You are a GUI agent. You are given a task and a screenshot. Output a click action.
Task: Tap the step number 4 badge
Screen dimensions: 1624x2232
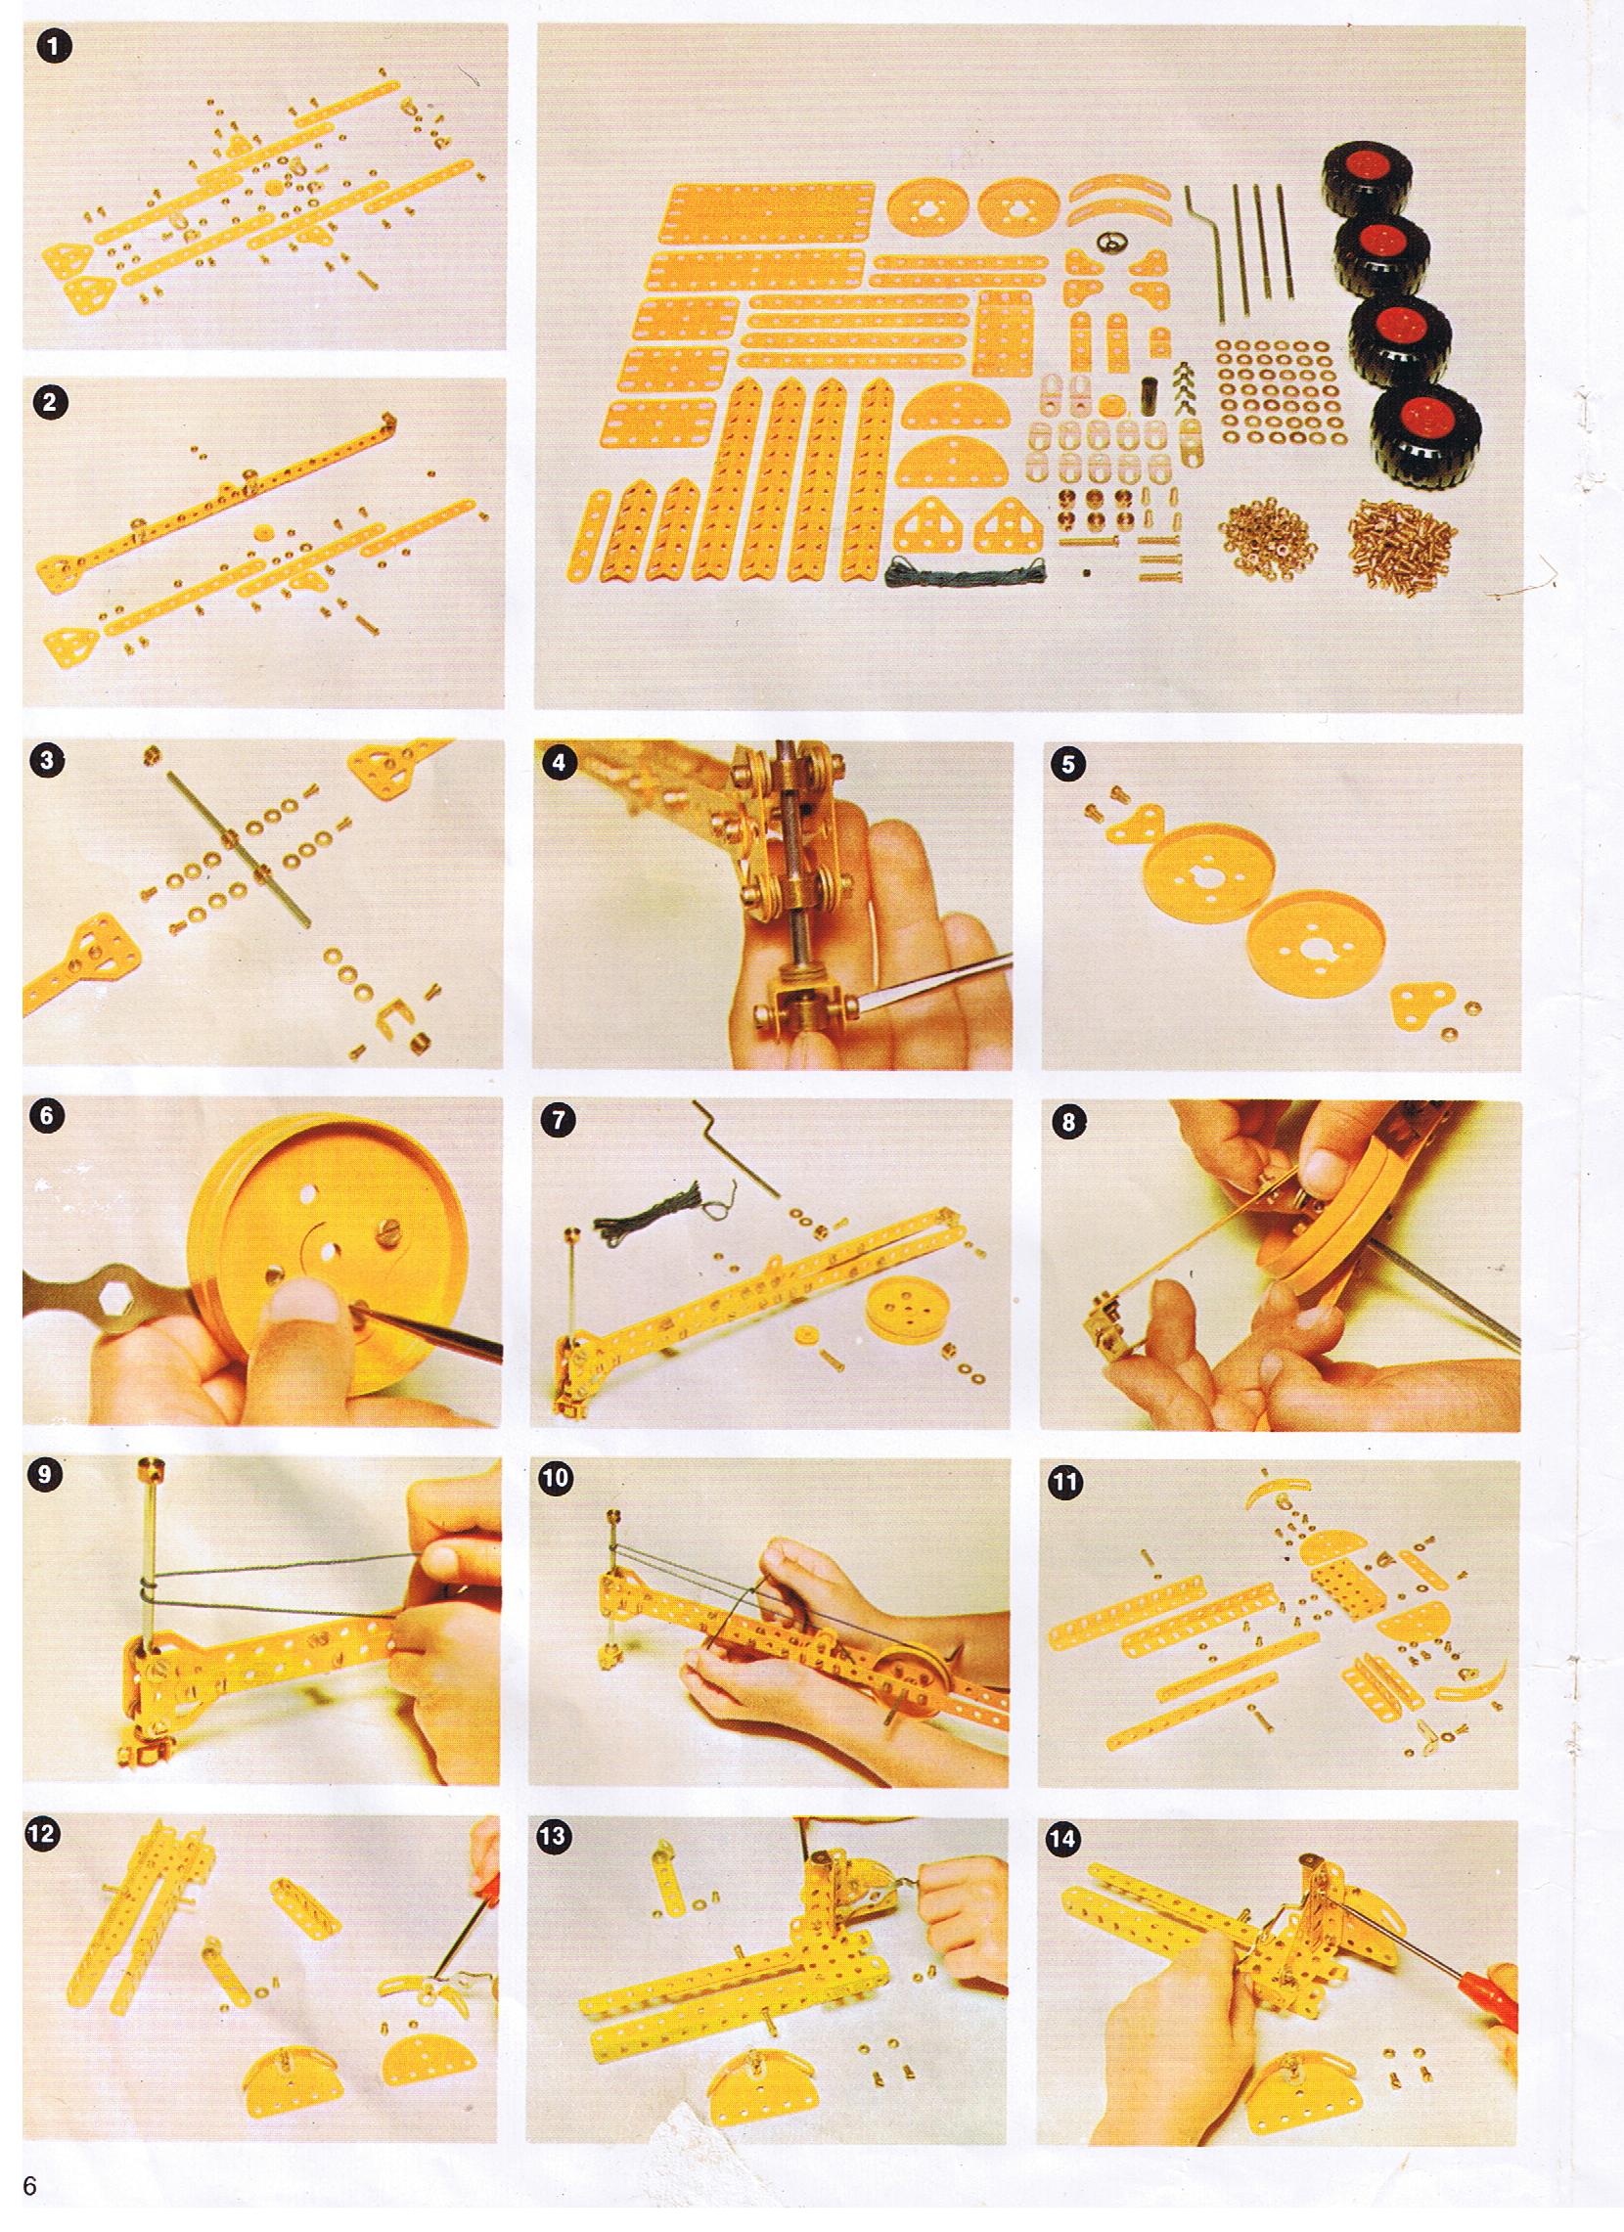[561, 765]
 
